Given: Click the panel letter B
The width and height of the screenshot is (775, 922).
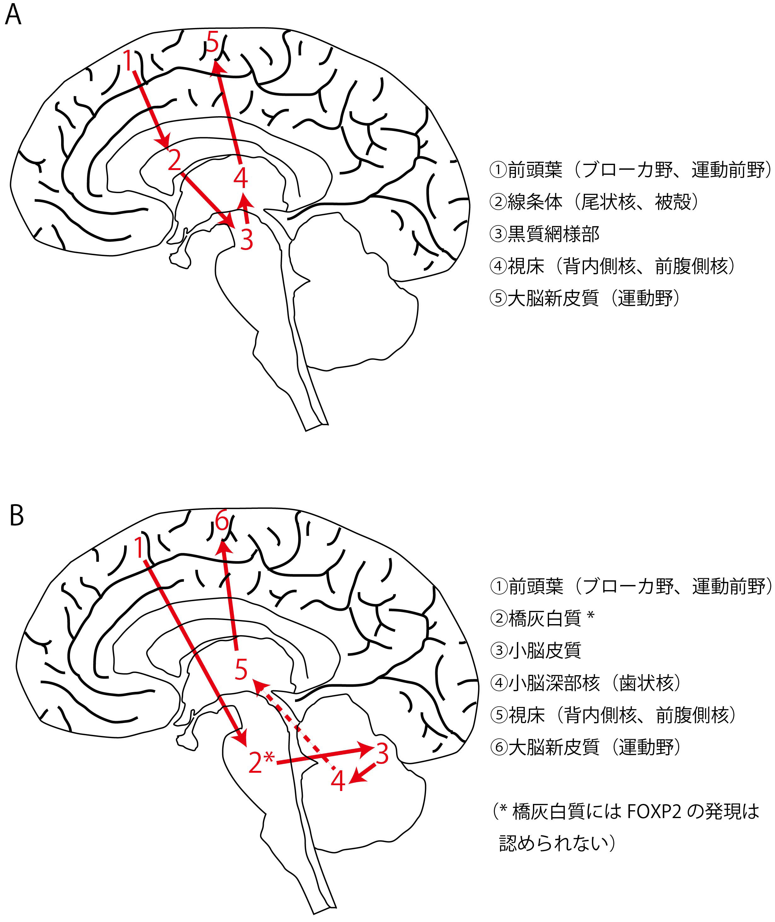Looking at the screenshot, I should pyautogui.click(x=16, y=516).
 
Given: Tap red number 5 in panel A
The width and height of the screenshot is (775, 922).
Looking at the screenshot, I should pyautogui.click(x=212, y=43).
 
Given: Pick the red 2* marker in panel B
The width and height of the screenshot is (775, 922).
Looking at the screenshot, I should pyautogui.click(x=261, y=763).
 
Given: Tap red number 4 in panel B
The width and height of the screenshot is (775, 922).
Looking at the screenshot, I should pyautogui.click(x=338, y=782).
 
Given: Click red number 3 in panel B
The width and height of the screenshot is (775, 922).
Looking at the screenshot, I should pyautogui.click(x=382, y=754).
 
